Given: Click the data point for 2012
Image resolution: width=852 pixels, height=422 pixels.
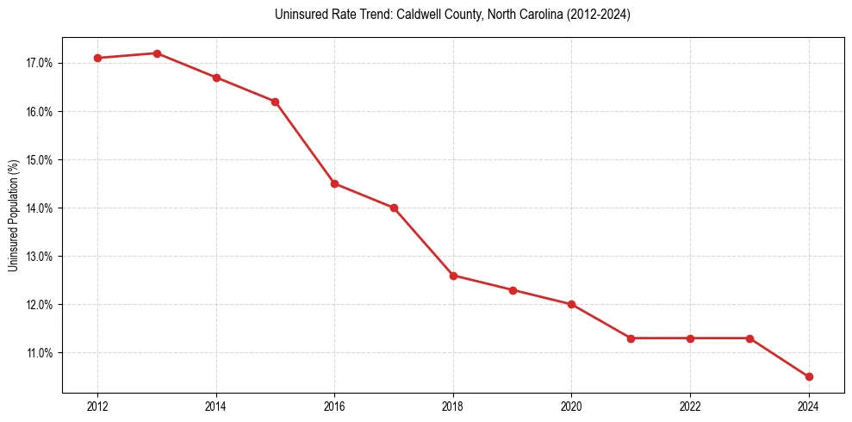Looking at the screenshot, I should pyautogui.click(x=97, y=58).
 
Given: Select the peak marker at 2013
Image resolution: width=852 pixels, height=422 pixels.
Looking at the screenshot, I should pyautogui.click(x=157, y=53).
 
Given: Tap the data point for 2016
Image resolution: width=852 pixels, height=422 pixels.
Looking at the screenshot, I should pyautogui.click(x=334, y=183).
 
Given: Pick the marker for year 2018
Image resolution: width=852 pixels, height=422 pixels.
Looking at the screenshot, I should pyautogui.click(x=453, y=276).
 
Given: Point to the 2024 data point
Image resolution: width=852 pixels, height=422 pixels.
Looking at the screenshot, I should pyautogui.click(x=809, y=376).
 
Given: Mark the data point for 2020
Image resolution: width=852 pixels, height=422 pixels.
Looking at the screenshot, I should pyautogui.click(x=572, y=304).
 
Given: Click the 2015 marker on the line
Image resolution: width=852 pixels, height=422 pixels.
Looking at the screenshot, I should pyautogui.click(x=275, y=102).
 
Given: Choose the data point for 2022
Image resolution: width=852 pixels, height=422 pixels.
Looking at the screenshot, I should pyautogui.click(x=690, y=338).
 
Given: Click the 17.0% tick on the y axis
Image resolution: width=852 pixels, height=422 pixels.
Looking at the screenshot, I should pyautogui.click(x=41, y=64).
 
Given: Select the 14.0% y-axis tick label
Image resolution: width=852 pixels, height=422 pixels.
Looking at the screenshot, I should pyautogui.click(x=41, y=208).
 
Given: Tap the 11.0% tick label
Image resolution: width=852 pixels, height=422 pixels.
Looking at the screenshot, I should pyautogui.click(x=41, y=353).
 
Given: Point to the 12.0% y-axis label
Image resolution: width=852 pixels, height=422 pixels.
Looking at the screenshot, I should pyautogui.click(x=41, y=305).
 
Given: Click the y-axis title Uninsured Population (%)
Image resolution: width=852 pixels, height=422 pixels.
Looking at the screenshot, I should pyautogui.click(x=13, y=215).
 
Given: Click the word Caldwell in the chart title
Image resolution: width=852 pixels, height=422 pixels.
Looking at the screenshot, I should pyautogui.click(x=416, y=16).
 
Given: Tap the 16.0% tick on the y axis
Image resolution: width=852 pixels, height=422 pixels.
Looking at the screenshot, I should pyautogui.click(x=41, y=112).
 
